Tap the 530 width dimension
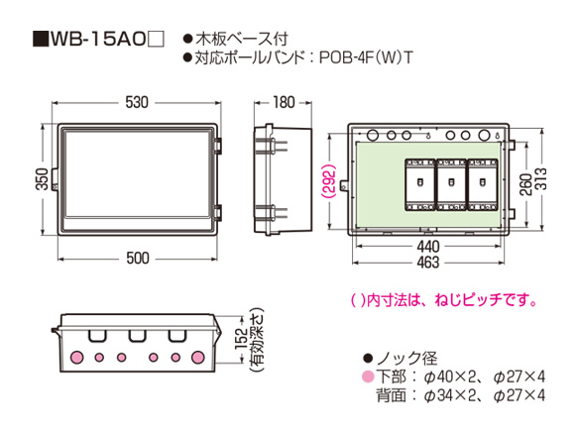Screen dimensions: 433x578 (x=139, y=102)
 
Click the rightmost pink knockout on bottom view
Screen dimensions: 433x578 (x=200, y=356)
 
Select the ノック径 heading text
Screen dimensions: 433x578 (x=406, y=358)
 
